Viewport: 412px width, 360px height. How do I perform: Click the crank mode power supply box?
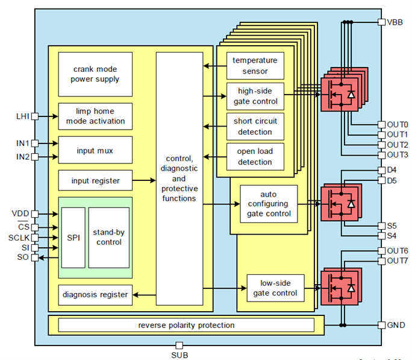95,74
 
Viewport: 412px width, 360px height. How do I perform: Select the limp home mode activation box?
95,116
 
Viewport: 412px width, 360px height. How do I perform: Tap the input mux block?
95,150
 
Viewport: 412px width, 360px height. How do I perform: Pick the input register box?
95,180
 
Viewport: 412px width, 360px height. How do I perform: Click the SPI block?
73,238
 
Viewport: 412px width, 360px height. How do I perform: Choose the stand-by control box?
108,238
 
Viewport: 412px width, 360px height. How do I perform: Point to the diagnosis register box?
95,294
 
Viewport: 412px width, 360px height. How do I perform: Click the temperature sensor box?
255,66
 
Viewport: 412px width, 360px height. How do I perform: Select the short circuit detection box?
255,127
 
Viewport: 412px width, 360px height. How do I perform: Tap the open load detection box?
255,157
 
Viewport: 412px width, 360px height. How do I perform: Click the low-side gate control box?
275,289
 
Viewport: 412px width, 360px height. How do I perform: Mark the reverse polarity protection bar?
186,326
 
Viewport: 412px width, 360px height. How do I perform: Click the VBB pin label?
395,22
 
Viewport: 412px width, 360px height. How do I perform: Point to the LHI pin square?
35,116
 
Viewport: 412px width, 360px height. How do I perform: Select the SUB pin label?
179,355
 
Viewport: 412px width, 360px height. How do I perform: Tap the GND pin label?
395,325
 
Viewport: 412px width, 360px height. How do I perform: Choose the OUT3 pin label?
398,155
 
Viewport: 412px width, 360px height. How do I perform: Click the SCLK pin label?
20,238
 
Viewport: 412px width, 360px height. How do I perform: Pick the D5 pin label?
392,180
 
